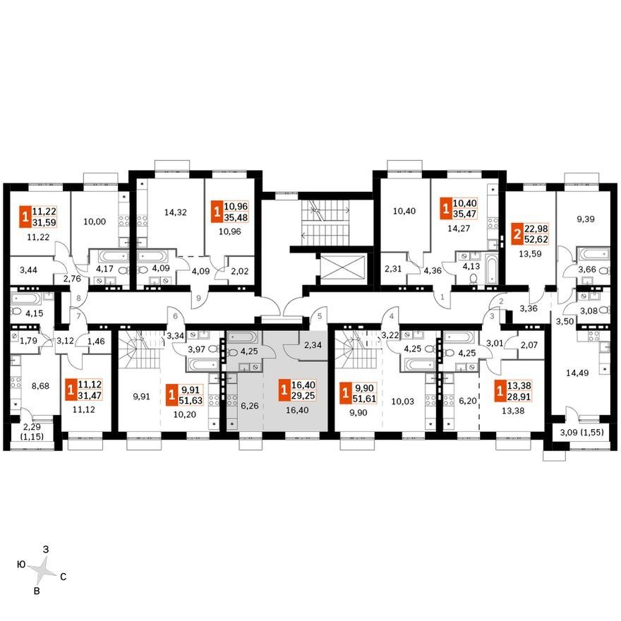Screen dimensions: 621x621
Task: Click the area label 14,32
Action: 175,212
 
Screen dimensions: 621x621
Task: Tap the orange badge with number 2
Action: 517,234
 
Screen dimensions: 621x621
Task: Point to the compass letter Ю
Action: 21,565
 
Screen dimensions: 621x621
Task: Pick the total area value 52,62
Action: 536,239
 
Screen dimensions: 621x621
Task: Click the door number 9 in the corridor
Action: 198,299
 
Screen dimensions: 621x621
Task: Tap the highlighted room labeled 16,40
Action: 296,410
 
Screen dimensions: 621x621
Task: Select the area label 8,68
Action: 40,385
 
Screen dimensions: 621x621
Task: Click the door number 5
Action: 320,316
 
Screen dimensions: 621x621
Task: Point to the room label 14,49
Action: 577,373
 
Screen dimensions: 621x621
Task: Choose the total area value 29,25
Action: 303,396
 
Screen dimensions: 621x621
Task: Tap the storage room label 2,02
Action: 239,271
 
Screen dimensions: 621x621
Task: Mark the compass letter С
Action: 63,577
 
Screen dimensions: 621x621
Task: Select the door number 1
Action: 442,296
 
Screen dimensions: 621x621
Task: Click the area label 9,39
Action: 585,219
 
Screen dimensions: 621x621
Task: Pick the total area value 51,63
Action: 191,400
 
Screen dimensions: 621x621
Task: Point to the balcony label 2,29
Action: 32,427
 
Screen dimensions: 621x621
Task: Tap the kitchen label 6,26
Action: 250,406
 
